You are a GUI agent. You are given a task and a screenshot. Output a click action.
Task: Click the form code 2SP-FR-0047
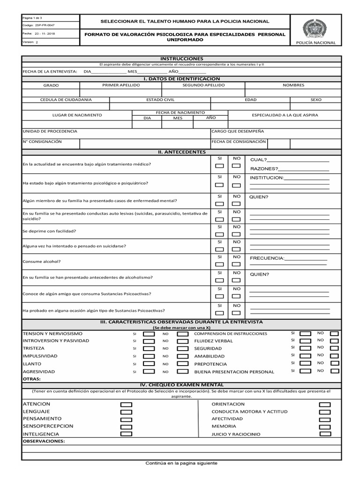[x=45, y=25]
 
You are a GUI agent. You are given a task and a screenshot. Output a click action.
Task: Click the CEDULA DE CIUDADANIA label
[x=66, y=100]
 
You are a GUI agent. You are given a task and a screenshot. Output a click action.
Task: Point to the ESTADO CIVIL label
[x=160, y=100]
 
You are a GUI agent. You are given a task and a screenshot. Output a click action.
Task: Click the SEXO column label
[x=316, y=100]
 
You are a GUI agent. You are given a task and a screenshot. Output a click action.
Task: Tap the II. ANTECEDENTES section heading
[x=181, y=152]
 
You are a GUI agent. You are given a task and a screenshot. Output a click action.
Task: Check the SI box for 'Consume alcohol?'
[x=219, y=265]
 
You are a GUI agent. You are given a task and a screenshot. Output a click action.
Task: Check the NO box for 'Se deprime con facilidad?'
[x=236, y=234]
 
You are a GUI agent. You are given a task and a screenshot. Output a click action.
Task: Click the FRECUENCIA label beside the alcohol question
[x=267, y=258]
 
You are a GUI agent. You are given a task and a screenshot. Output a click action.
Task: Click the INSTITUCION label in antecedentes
[x=267, y=178]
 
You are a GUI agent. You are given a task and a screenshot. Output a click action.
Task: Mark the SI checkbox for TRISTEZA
[x=149, y=349]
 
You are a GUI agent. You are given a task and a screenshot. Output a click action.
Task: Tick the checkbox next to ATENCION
[x=126, y=405]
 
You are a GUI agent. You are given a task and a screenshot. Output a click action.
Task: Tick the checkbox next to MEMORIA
[x=324, y=427]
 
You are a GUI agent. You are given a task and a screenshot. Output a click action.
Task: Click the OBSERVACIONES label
[x=44, y=442]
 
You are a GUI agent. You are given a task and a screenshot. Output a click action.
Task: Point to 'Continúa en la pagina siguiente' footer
[x=181, y=463]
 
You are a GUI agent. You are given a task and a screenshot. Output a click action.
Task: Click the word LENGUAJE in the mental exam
[x=36, y=412]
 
